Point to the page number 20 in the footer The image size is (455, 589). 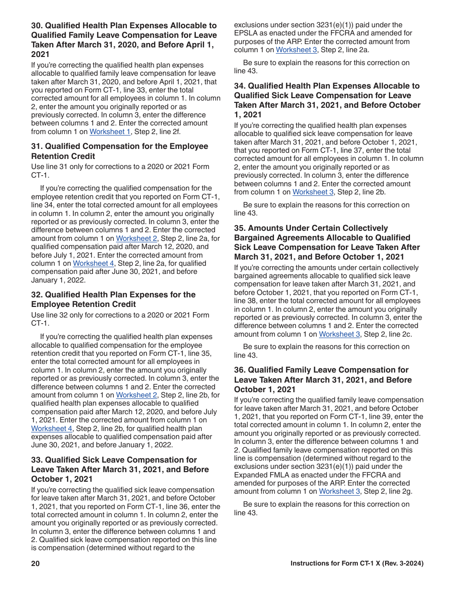point(35,564)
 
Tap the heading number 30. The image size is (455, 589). point(36,26)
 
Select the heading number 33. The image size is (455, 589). point(36,460)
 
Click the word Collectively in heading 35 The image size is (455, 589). point(364,228)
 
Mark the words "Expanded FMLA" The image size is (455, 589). point(258,475)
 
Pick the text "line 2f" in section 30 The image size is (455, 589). point(170,132)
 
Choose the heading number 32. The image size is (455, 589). point(36,295)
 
